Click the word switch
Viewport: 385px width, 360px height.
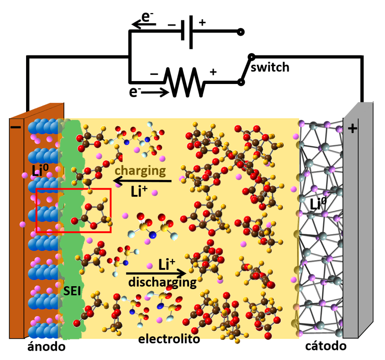(270, 67)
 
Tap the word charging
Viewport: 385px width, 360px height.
(140, 171)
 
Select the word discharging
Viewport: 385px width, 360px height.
(162, 282)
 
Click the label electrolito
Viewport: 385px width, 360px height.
(169, 339)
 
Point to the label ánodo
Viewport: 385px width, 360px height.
(46, 346)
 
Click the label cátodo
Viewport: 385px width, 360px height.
(326, 346)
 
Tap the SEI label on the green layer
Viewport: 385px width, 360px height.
(72, 291)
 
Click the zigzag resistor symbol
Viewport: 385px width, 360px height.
(185, 82)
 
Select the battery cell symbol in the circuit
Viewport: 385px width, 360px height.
(187, 32)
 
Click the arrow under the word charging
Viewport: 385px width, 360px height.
(142, 181)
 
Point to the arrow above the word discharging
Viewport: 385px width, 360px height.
(156, 273)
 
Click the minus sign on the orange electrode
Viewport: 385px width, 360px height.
(16, 127)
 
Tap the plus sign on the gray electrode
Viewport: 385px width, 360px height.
(352, 128)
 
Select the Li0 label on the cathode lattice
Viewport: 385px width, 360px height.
(318, 204)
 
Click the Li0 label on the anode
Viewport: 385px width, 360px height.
(40, 170)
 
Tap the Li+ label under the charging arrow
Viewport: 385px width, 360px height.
(139, 192)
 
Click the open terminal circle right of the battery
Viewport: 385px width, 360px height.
(241, 32)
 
